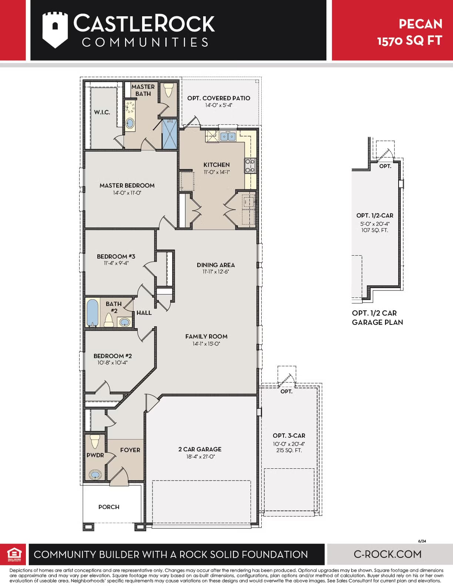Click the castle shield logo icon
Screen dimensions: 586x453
(x=55, y=30)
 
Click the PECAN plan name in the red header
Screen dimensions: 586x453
(x=420, y=24)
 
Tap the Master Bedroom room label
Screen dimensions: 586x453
(x=127, y=185)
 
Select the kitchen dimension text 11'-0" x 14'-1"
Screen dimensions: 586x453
(x=217, y=172)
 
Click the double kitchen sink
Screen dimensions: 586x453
(x=228, y=137)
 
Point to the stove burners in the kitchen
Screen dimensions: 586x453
(x=250, y=165)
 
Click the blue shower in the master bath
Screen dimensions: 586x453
(x=170, y=134)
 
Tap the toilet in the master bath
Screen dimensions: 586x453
(x=168, y=90)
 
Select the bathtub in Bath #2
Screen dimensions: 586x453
(x=92, y=313)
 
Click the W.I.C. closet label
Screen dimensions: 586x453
(x=102, y=112)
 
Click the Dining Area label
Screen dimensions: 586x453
(x=215, y=265)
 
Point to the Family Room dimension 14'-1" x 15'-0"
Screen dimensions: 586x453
(x=206, y=344)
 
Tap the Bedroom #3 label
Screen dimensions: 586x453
(x=116, y=256)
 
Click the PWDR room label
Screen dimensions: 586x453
(x=95, y=455)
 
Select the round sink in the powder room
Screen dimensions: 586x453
(x=95, y=474)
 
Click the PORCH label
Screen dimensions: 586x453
(x=109, y=507)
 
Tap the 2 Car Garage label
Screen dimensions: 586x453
(x=200, y=449)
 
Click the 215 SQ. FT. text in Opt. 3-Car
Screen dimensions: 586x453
(x=289, y=450)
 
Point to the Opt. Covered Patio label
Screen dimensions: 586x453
(x=218, y=98)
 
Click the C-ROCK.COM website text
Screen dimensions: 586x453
(x=387, y=554)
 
